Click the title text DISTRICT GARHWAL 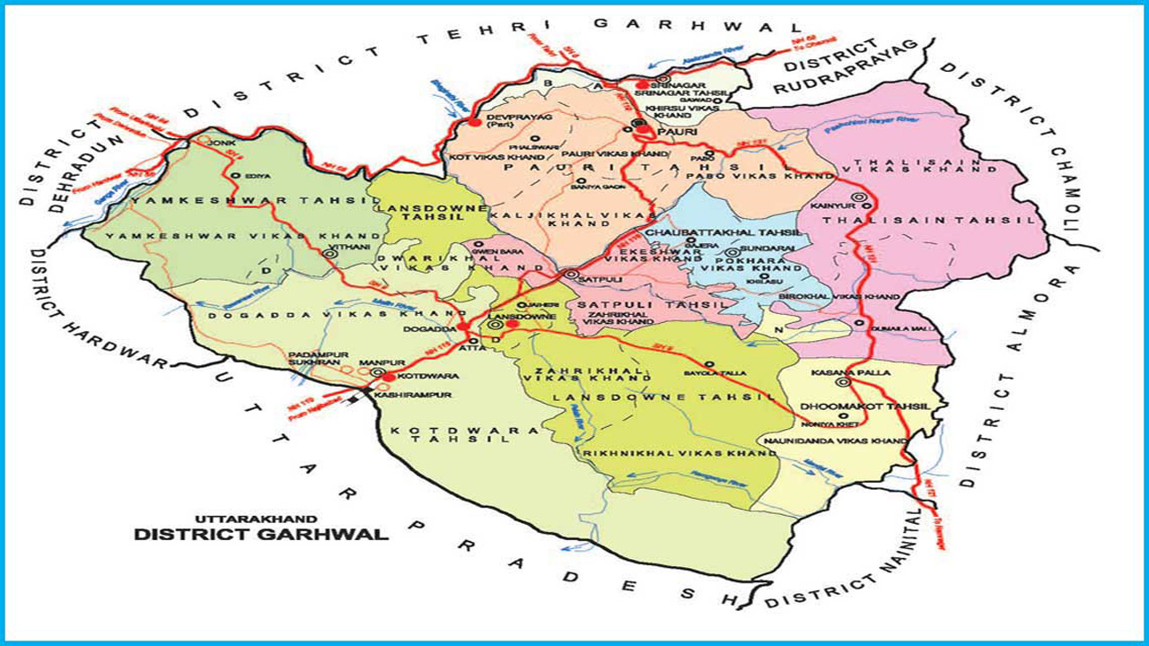point(261,535)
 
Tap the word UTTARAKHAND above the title point(256,518)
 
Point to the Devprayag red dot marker point(475,121)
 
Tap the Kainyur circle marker point(859,196)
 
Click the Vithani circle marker point(329,255)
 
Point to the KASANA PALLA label point(838,371)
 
